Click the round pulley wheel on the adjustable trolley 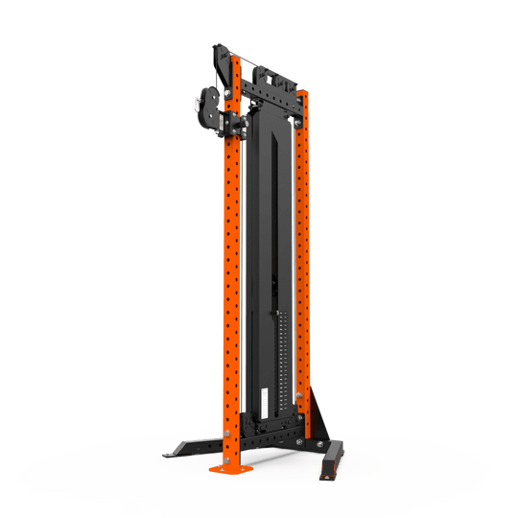[206, 104]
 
